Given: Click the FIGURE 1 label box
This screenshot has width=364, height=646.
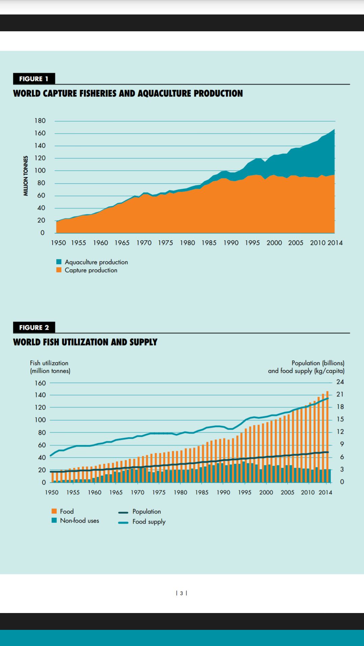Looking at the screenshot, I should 34,79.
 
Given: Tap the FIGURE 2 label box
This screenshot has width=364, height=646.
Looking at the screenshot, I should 34,327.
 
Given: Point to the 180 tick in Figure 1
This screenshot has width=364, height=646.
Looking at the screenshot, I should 40,121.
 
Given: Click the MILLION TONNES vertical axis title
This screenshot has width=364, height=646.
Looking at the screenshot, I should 26,176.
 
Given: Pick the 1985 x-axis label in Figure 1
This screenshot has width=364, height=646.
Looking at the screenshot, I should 209,243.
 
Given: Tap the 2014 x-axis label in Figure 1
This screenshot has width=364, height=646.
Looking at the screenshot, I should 335,243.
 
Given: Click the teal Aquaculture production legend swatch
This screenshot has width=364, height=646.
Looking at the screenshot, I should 59,262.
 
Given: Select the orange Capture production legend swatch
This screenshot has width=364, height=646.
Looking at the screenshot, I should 59,270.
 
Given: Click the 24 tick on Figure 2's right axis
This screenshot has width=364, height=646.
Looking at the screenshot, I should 340,382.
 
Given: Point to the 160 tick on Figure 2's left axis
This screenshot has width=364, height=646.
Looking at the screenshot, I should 40,383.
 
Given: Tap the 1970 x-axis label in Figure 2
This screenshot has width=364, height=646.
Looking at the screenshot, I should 138,493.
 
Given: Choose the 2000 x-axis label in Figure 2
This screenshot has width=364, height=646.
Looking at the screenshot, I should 266,493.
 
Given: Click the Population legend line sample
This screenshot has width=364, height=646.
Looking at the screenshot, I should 123,512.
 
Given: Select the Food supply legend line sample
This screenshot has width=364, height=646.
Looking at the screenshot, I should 123,523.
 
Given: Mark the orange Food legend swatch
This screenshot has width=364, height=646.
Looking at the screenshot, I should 54,511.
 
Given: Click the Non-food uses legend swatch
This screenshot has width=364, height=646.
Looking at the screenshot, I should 54,521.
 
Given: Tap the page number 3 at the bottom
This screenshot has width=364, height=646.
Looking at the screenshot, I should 181,593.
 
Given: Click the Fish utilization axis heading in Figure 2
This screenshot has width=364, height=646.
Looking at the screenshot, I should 49,363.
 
